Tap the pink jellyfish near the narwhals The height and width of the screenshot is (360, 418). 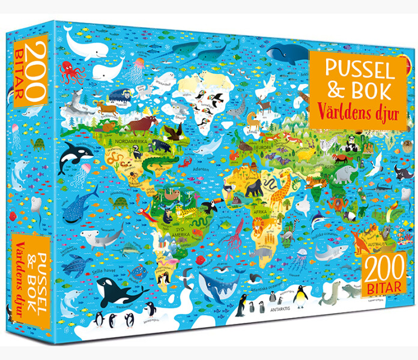click(x=139, y=65)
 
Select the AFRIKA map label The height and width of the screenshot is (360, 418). click(x=261, y=212)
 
